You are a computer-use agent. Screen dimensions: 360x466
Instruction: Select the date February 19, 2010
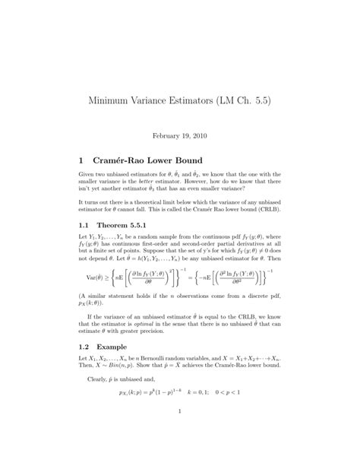point(179,134)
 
